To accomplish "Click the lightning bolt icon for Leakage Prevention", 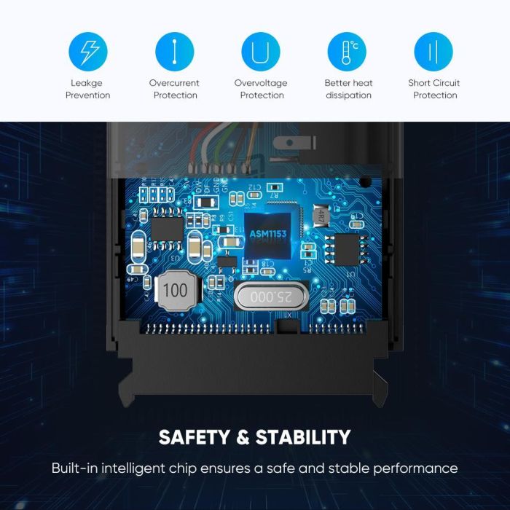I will pyautogui.click(x=87, y=52).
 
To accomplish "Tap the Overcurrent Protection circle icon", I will pyautogui.click(x=175, y=52).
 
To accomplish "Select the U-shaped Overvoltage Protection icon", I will pyautogui.click(x=261, y=52).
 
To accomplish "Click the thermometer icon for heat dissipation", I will pyautogui.click(x=347, y=52).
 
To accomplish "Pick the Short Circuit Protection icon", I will pyautogui.click(x=433, y=52).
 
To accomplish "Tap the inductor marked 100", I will pyautogui.click(x=175, y=290).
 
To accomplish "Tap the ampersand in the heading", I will pyautogui.click(x=243, y=437).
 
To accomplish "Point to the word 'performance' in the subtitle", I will pyautogui.click(x=415, y=468).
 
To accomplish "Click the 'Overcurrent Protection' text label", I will pyautogui.click(x=175, y=89).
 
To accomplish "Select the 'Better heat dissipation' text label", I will pyautogui.click(x=348, y=89).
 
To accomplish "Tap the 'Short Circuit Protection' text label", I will pyautogui.click(x=434, y=89).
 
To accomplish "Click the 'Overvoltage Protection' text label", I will pyautogui.click(x=261, y=89).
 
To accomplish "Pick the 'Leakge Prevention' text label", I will pyautogui.click(x=87, y=89).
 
